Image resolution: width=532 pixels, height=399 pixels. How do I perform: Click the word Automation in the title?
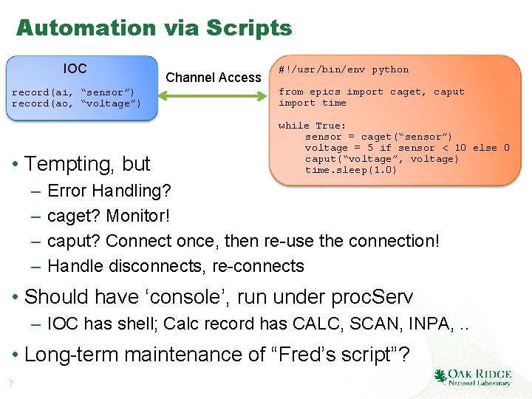(86, 28)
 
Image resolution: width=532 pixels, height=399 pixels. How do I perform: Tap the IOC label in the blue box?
(75, 69)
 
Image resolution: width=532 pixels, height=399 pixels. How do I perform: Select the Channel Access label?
(214, 77)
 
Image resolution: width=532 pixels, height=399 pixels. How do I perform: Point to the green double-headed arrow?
(214, 96)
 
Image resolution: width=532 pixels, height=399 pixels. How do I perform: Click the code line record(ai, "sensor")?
(73, 92)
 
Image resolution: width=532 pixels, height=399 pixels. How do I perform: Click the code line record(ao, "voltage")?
(76, 103)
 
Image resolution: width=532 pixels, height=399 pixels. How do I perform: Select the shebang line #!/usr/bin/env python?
(343, 69)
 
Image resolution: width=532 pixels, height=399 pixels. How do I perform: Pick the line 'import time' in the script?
(312, 103)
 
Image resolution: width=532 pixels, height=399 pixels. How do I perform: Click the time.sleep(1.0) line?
(350, 170)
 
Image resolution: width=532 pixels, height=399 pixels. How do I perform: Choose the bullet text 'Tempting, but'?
(87, 163)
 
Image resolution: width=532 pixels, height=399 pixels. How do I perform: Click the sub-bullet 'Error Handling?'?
(109, 191)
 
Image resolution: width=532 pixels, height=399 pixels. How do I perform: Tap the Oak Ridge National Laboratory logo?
(473, 377)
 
